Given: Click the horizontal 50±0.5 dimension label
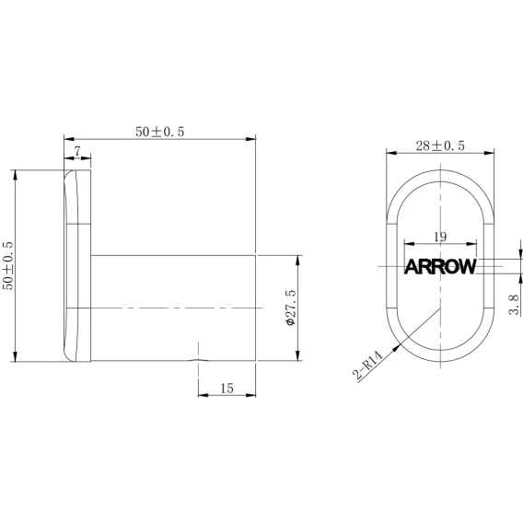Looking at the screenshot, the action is [x=160, y=132].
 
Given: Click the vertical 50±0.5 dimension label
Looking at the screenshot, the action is [x=8, y=265].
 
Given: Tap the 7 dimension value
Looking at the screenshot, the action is [x=77, y=151].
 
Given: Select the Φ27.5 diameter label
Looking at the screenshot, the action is [x=291, y=308].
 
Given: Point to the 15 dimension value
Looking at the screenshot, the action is [x=227, y=389].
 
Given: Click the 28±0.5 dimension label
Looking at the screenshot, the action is [x=440, y=145].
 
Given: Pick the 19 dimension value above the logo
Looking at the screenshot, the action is [x=440, y=237].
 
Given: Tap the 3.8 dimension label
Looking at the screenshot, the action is [x=514, y=305].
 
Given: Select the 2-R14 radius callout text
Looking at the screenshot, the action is [x=367, y=365].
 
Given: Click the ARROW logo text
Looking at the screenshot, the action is [x=440, y=266].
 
